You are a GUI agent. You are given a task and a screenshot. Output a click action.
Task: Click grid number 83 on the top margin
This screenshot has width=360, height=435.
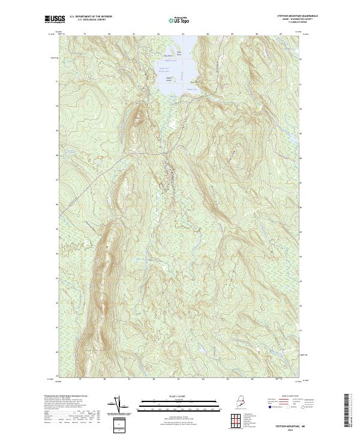point(182,34)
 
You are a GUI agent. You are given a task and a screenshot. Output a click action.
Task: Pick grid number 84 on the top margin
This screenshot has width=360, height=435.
point(206,34)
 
